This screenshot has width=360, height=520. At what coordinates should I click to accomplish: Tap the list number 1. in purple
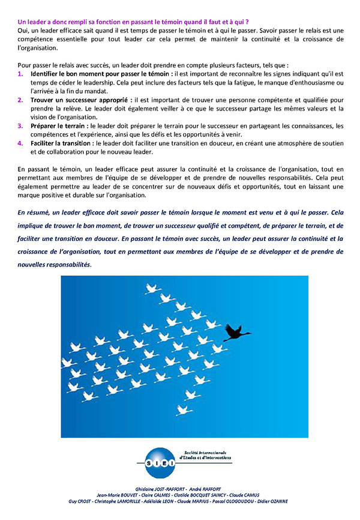click(x=20, y=73)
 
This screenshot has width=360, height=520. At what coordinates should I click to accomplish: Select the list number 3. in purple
click(x=20, y=125)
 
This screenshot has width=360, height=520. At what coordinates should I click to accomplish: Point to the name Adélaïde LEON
click(x=160, y=501)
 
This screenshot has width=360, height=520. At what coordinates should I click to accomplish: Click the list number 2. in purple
click(x=20, y=100)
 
